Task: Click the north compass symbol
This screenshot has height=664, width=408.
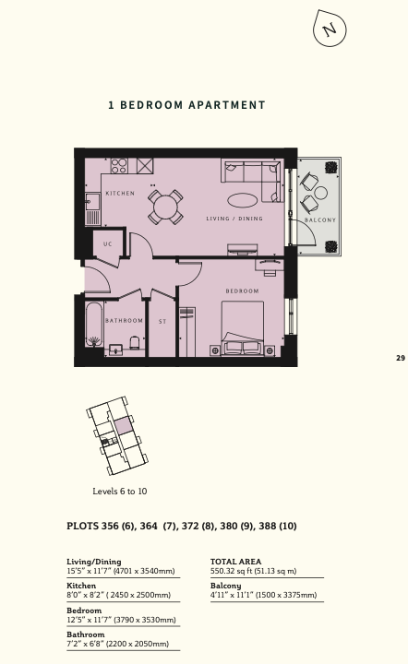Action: (x=330, y=29)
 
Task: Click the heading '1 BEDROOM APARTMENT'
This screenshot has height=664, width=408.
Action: (x=186, y=105)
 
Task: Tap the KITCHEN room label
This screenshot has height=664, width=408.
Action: (x=120, y=193)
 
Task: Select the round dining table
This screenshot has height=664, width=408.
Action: (x=165, y=207)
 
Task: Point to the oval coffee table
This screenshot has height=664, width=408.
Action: (x=243, y=200)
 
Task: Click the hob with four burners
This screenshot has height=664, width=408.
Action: (x=119, y=166)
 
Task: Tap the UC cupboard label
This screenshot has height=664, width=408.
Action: (x=108, y=243)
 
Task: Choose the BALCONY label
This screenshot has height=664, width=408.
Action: (x=320, y=220)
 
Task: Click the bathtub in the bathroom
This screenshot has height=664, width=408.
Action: (x=93, y=325)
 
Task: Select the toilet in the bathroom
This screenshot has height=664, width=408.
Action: (x=134, y=342)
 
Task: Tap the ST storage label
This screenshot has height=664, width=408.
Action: (x=162, y=322)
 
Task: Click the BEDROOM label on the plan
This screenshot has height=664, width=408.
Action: (x=242, y=290)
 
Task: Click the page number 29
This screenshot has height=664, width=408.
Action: (x=401, y=358)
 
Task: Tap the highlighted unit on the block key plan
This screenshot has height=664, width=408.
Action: (x=122, y=425)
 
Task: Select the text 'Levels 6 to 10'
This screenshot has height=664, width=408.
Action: (x=120, y=492)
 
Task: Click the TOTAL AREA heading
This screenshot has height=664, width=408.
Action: (x=235, y=562)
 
